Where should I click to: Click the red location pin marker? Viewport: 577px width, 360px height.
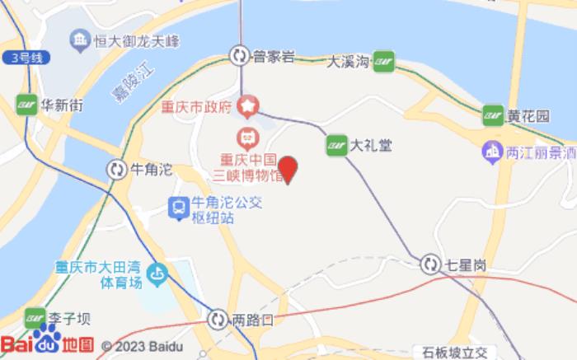288,170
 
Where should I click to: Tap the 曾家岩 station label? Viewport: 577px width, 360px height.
274,56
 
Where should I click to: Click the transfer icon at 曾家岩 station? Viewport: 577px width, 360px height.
239,55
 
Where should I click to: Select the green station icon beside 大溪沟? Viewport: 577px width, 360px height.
383,61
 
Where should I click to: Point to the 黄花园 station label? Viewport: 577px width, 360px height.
528,116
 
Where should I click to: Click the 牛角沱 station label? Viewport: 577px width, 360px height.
152,170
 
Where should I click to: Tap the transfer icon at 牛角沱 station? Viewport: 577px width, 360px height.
116,170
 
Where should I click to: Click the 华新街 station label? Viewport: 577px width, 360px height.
62,105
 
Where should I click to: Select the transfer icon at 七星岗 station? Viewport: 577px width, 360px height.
430,264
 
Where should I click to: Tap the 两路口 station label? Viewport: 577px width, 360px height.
252,318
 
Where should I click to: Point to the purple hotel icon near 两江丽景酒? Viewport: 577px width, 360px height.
492,151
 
